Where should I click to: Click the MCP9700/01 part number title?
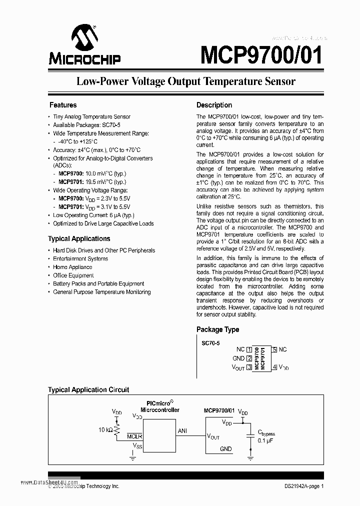pos(261,55)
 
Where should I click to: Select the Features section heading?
pos(63,105)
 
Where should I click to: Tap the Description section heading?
pos(214,105)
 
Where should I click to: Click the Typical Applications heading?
pos(79,238)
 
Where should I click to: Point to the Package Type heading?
pos(217,329)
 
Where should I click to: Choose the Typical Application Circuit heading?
pos(88,389)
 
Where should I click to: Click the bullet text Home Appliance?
pos(72,267)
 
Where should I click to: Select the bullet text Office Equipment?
pos(73,275)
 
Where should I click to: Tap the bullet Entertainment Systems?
pos(80,259)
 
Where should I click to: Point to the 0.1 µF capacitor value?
pos(265,440)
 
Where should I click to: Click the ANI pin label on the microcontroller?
pos(182,430)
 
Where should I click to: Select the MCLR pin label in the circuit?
pos(134,436)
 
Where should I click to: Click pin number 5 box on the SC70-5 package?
pos(274,349)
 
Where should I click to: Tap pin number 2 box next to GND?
pos(248,358)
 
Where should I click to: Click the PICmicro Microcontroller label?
pos(159,406)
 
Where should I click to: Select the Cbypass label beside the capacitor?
pos(266,433)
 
